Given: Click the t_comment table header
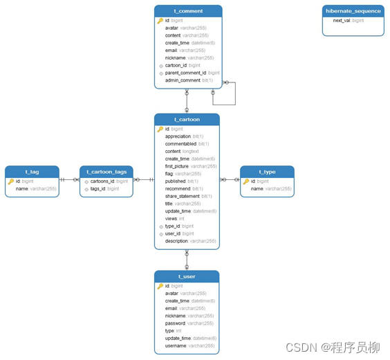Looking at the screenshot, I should [x=187, y=11].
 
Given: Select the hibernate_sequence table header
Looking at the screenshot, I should [x=353, y=11].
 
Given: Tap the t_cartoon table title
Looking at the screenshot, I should [x=187, y=120].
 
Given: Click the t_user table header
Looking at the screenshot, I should [x=187, y=276].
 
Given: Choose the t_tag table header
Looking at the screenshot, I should [x=32, y=172].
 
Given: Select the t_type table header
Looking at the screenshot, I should [x=267, y=172].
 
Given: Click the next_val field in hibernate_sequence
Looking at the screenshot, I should [x=348, y=21].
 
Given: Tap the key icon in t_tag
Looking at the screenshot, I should [x=11, y=181].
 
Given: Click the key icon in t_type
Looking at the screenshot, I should [x=246, y=181].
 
